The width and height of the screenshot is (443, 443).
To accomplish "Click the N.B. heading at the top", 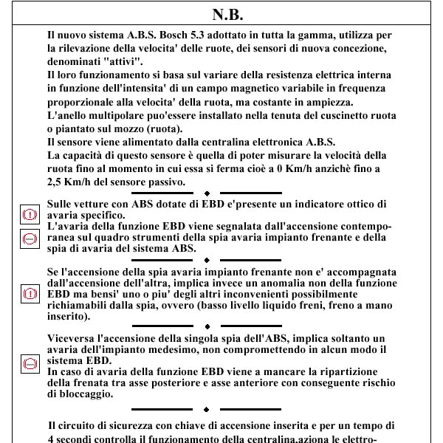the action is point(227,15).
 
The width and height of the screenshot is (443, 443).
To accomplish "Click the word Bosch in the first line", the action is point(174,35).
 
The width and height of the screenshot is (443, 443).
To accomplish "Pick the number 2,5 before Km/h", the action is point(54,182).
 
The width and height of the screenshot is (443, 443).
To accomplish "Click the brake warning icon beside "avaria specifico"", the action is point(30,214).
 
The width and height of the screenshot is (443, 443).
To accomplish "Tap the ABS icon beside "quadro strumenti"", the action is point(30,239).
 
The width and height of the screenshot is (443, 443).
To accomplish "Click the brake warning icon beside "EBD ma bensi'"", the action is point(30,294).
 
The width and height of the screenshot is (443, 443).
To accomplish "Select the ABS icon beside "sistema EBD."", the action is point(30,364).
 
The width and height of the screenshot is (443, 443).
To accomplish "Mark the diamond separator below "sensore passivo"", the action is point(207,193).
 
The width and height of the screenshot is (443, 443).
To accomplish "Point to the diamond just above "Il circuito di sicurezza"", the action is point(206,409).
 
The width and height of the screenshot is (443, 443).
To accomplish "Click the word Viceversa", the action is point(71,338).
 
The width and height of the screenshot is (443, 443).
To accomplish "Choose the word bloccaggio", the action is point(86,394).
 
